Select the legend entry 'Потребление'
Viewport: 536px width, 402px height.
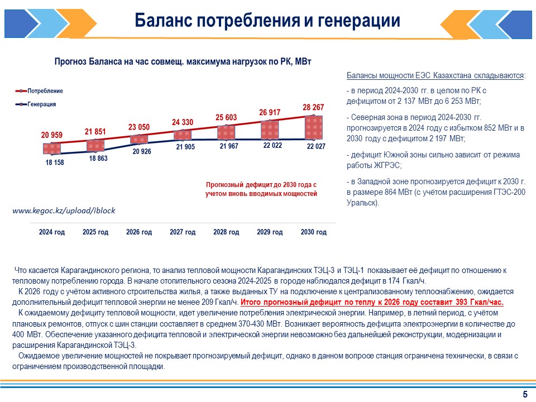coord(45,91)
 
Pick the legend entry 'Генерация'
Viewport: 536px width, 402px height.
coord(42,104)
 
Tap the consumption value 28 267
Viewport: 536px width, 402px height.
coord(314,107)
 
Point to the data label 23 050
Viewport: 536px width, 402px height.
coord(139,127)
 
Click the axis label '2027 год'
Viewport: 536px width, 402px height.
coord(183,232)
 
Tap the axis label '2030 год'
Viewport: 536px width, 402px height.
coord(313,232)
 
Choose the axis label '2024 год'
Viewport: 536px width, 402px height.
coord(52,232)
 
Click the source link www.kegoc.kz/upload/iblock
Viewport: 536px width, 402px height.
coord(63,210)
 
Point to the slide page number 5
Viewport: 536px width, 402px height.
coord(525,395)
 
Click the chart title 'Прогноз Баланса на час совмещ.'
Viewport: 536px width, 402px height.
coord(181,62)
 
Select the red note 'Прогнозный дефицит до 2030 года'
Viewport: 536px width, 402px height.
coord(261,184)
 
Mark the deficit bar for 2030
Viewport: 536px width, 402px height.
coord(314,127)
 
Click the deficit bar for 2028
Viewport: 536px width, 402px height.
coord(226,132)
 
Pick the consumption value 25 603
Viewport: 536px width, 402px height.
coord(226,117)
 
